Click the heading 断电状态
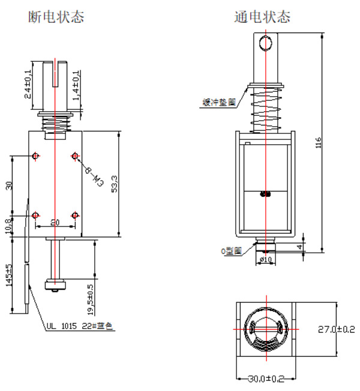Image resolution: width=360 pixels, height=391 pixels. point(56,17)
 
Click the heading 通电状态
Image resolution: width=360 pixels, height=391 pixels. point(262,17)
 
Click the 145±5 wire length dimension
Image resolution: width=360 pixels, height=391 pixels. point(9,276)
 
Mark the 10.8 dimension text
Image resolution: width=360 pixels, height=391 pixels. point(9,226)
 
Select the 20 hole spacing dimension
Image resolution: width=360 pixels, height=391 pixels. point(55,222)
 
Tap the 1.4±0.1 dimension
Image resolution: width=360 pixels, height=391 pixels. point(76,86)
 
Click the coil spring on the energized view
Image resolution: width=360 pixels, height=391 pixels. point(265,109)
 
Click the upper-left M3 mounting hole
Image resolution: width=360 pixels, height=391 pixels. point(36,157)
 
